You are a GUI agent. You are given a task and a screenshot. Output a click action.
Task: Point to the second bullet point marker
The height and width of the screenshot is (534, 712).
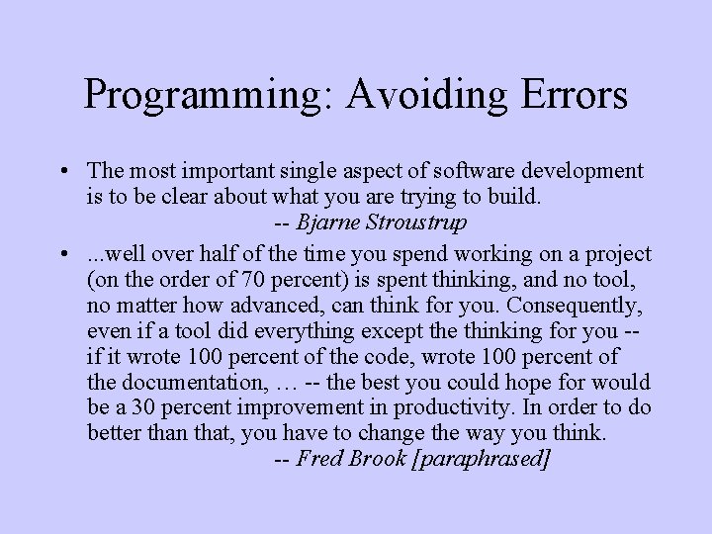pos(62,254)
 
